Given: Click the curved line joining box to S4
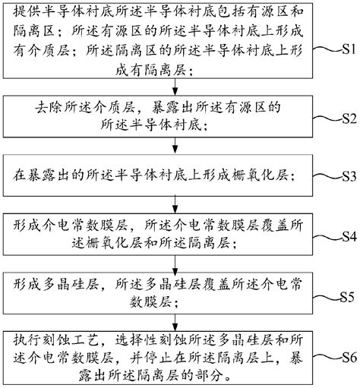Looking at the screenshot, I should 326,236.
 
